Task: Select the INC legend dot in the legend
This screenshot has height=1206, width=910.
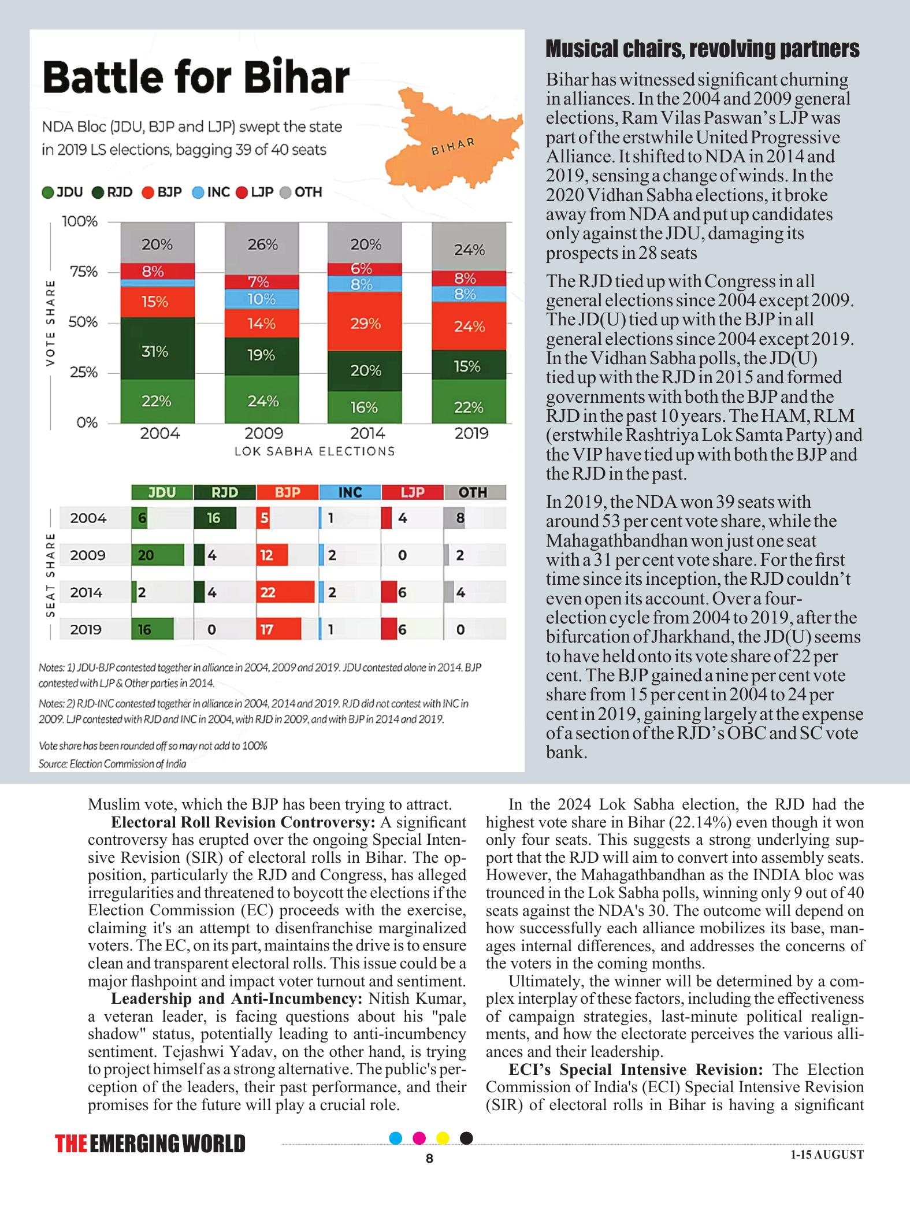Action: point(198,192)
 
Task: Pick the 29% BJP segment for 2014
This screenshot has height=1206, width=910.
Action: point(365,322)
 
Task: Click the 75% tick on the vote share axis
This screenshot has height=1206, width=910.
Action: point(83,272)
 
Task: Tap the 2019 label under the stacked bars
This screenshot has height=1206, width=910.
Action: point(471,433)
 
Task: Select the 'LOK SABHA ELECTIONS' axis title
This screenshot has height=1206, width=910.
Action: point(314,451)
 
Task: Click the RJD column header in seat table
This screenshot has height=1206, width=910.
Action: point(225,492)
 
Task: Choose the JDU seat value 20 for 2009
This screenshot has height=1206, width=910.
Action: point(146,555)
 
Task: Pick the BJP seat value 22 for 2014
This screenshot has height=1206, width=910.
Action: point(268,592)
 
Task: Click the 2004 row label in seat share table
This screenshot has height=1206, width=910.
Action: point(88,518)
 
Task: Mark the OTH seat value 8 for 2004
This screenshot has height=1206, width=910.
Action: point(460,518)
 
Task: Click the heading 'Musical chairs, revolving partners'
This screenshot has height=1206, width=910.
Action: point(703,50)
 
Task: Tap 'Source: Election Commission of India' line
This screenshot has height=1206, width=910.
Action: point(112,764)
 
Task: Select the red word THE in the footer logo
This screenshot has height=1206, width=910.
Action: point(71,1144)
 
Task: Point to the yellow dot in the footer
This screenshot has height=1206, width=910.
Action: point(443,1138)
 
